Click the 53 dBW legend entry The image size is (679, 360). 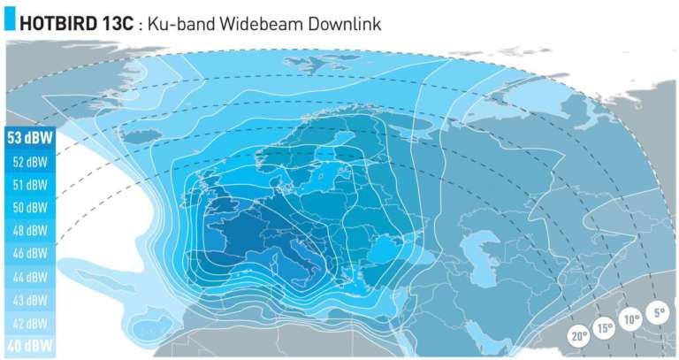click(x=27, y=138)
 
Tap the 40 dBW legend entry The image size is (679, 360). click(x=27, y=346)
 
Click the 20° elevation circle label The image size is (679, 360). click(x=579, y=337)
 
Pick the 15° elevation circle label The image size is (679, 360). click(x=604, y=328)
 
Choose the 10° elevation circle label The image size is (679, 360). click(x=630, y=319)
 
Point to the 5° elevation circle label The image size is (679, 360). click(x=659, y=312)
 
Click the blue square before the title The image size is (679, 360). click(x=10, y=22)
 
